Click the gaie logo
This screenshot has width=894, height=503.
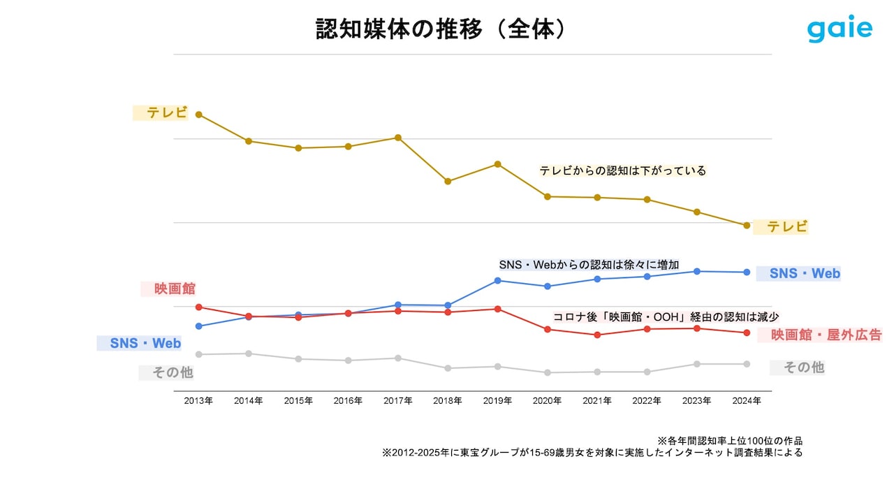[x=840, y=29]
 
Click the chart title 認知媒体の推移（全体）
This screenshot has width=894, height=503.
[x=440, y=29]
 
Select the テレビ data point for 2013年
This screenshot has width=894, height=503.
[x=198, y=115]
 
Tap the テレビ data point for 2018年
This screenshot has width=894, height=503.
[x=448, y=182]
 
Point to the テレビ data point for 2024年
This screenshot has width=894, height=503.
[x=747, y=226]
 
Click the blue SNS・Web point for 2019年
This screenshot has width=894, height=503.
[x=497, y=281]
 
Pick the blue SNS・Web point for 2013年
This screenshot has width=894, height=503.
[x=198, y=326]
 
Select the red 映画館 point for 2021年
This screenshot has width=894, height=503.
[x=597, y=335]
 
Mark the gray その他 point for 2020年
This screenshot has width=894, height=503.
[x=547, y=373]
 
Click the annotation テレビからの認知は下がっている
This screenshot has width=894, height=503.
[x=622, y=170]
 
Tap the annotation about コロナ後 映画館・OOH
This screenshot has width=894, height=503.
[x=666, y=316]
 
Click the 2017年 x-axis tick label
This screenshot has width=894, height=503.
[x=397, y=401]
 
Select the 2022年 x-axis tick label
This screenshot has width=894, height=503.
[x=647, y=401]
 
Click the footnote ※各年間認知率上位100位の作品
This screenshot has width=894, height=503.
[x=730, y=441]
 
